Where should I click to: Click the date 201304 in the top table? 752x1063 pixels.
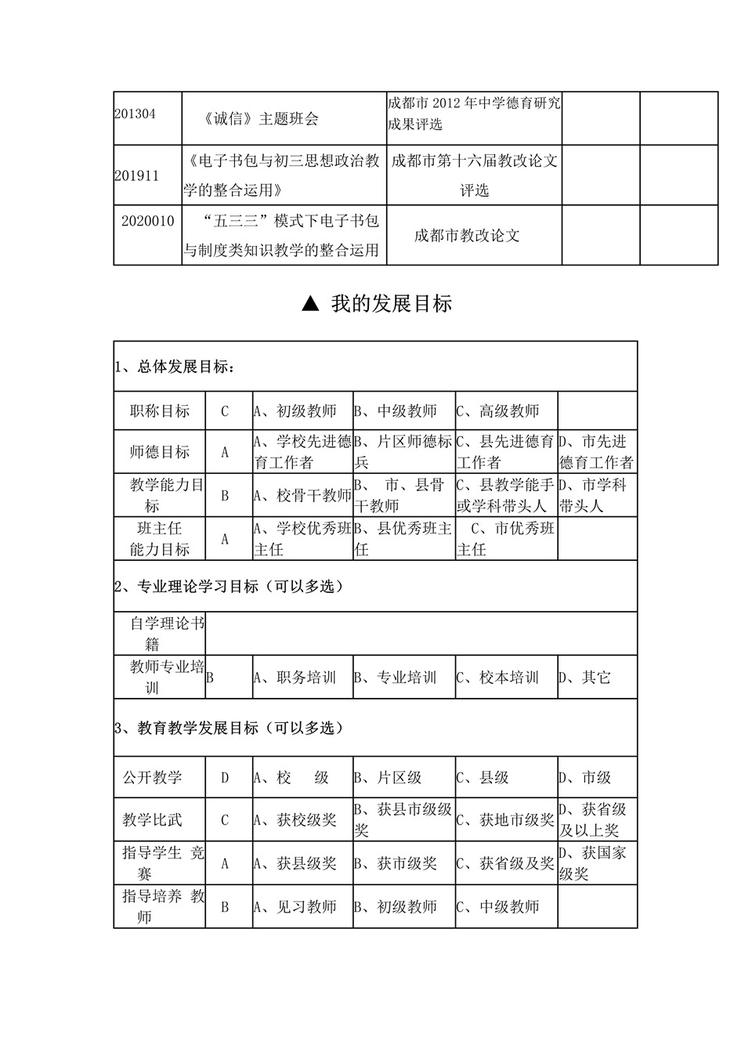tap(135, 114)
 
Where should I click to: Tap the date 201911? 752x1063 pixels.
tap(136, 175)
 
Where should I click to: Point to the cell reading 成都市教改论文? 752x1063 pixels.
tap(467, 236)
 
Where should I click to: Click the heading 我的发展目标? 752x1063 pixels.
tap(391, 304)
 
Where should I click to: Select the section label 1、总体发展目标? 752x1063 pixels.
tap(174, 367)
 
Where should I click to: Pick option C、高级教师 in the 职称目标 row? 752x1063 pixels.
tap(498, 411)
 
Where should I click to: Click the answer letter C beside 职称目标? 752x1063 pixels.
tap(225, 411)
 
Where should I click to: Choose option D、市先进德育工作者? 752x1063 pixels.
tap(596, 452)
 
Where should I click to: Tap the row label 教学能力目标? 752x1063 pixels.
tap(159, 495)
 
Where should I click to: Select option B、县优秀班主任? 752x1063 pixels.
tap(403, 539)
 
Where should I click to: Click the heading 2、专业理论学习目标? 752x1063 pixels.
tap(229, 586)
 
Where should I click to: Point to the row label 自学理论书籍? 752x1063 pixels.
tap(160, 634)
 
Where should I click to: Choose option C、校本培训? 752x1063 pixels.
tap(498, 678)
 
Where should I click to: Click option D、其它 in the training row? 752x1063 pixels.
tap(584, 678)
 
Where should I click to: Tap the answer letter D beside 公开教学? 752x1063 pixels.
tap(225, 778)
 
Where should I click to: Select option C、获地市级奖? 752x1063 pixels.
tap(505, 820)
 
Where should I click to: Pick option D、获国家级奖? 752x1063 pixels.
tap(593, 863)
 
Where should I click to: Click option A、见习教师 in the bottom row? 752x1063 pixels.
tap(295, 906)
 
